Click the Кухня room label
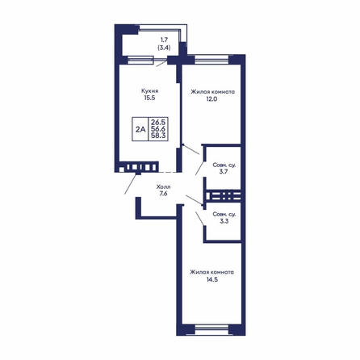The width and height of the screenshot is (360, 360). tap(149, 91)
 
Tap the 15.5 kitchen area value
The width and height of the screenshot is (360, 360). tap(149, 98)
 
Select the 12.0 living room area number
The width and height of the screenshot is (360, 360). tap(211, 98)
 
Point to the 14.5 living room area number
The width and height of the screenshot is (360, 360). tap(212, 279)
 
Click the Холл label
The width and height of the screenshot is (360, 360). tap(163, 186)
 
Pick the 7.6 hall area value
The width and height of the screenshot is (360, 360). tap(163, 193)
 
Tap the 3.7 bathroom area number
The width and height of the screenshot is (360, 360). tap(224, 172)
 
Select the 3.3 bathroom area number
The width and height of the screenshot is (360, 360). tap(224, 221)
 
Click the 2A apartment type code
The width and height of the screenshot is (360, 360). tap(140, 129)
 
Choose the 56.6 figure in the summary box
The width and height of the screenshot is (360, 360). tap(158, 128)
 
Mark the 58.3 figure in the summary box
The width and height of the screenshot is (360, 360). tap(158, 136)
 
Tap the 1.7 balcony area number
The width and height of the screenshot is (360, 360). tap(164, 40)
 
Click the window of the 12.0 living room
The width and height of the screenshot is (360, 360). tap(211, 59)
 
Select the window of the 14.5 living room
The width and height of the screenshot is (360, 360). tap(211, 330)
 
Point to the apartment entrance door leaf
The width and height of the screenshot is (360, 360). tap(131, 184)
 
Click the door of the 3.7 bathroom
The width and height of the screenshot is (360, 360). tap(199, 168)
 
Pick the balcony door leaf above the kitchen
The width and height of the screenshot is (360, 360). tap(161, 64)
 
